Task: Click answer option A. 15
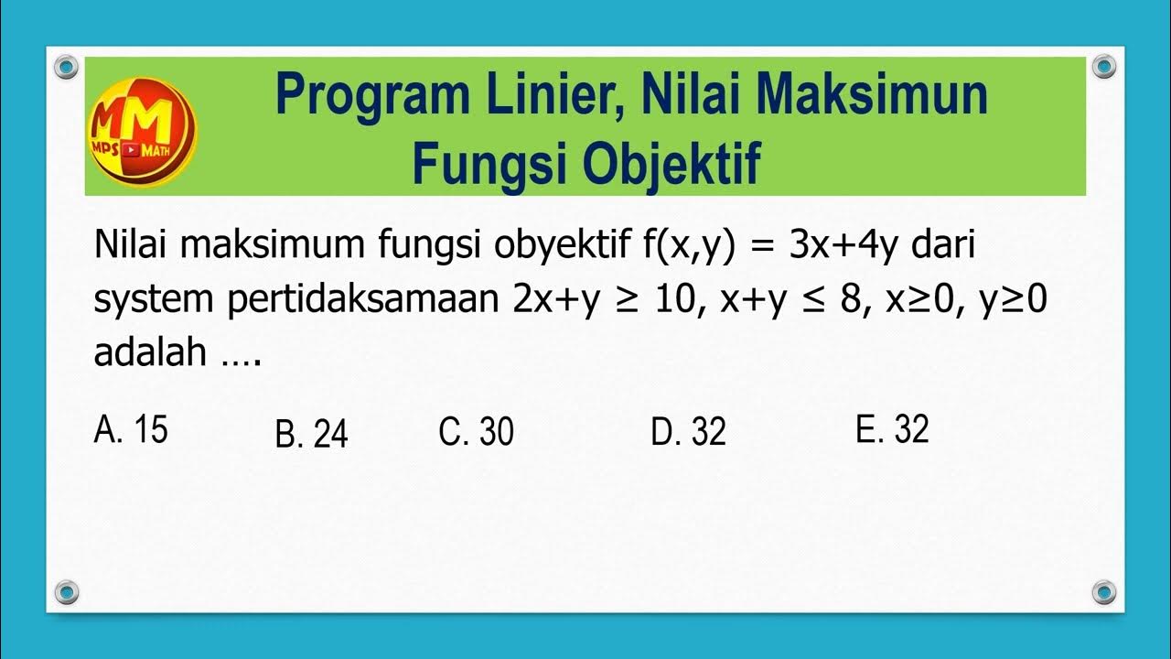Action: [x=131, y=429]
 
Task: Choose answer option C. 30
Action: [x=476, y=432]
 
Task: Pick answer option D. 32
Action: [x=688, y=432]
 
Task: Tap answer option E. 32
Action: [x=892, y=429]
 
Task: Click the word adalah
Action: [x=149, y=352]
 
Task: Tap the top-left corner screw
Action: [x=66, y=66]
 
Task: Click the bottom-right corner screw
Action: [x=1104, y=591]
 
